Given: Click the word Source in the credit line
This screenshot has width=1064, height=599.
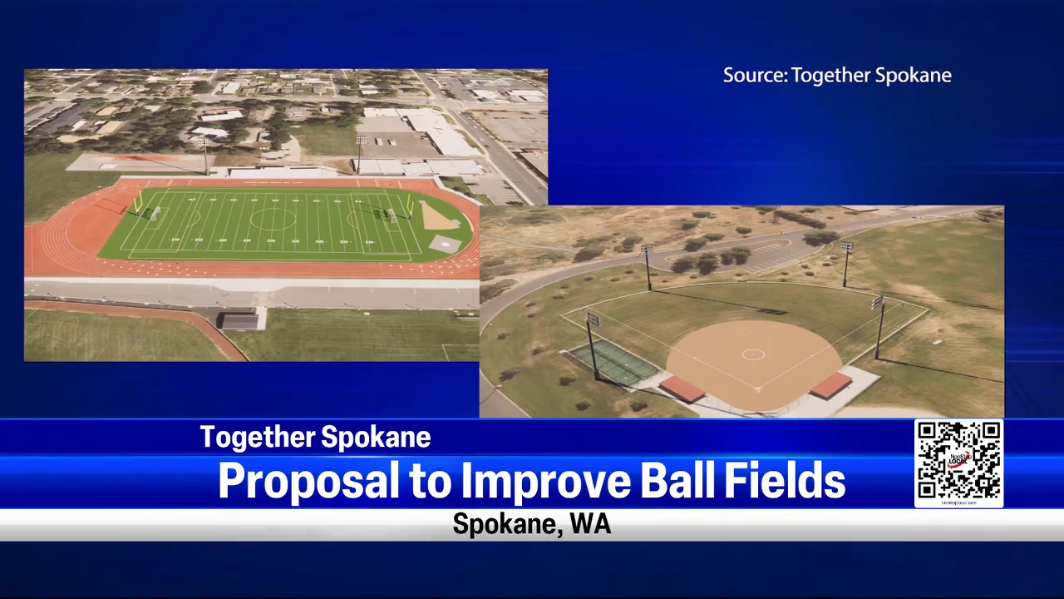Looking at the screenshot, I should [754, 76].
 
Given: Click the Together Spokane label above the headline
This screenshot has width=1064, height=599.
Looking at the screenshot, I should [315, 438].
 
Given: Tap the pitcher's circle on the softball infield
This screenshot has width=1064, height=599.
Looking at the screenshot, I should [753, 354].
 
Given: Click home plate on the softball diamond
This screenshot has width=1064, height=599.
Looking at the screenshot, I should [756, 389].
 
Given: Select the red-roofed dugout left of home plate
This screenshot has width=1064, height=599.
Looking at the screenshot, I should [682, 389].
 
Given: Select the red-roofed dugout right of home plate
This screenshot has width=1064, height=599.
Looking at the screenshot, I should [830, 385].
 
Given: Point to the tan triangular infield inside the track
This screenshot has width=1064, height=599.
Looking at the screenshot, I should [438, 218].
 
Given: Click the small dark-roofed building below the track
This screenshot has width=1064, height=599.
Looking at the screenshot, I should [237, 320].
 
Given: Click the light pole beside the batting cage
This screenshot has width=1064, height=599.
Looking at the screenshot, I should [593, 345].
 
